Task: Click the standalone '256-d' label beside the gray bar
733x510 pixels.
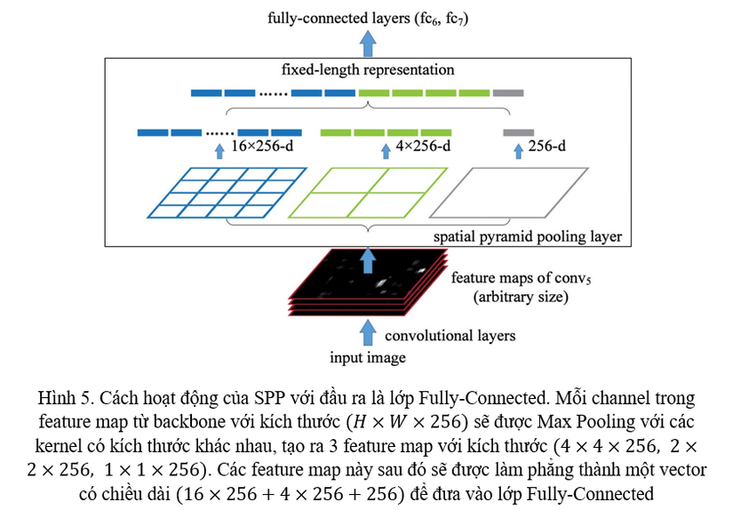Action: tap(546, 146)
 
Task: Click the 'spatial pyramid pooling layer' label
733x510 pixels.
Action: tap(528, 237)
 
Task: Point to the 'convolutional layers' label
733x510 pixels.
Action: tap(450, 336)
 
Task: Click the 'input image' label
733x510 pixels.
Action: tap(367, 358)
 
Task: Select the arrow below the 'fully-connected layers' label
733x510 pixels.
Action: tap(366, 40)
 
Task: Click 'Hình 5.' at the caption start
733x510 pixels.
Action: tap(66, 397)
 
